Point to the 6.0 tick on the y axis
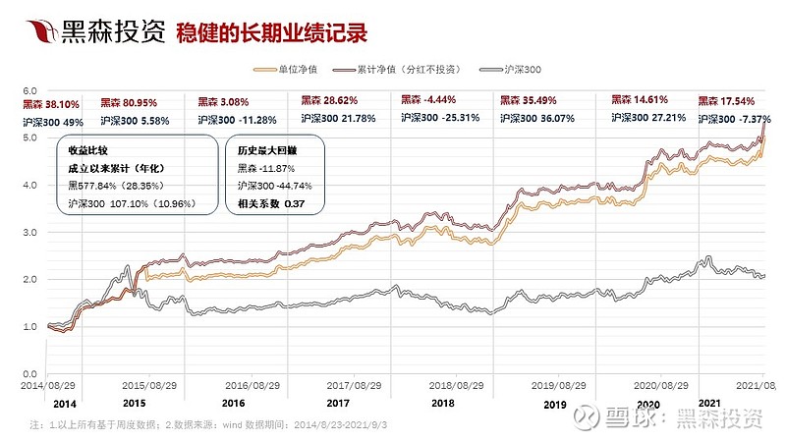pos(29,90)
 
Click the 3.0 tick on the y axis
pos(29,233)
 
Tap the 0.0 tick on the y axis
pos(29,375)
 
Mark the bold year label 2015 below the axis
pos(135,404)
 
